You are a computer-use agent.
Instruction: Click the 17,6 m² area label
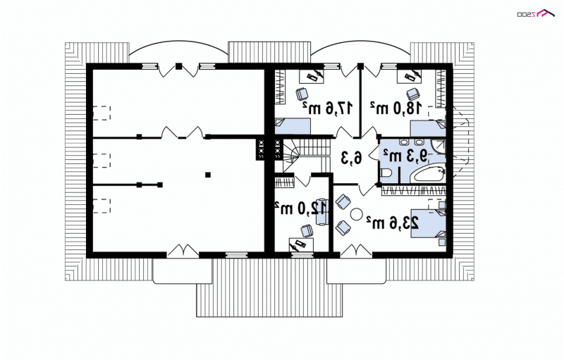[327, 107]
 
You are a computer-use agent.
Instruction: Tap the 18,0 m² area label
[396, 107]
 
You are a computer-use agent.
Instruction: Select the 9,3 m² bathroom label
[405, 156]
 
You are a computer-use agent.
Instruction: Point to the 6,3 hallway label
[351, 156]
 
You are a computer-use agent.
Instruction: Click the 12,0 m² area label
[301, 208]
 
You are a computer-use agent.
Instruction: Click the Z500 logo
[535, 13]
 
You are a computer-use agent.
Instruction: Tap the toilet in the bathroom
[386, 173]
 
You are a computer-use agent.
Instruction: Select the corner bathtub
[429, 174]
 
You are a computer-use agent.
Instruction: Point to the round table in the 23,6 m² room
[357, 214]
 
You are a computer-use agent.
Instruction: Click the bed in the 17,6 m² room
[293, 127]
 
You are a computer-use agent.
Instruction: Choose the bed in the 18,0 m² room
[428, 129]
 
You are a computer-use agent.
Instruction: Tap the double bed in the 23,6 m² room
[429, 223]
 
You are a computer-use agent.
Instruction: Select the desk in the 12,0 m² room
[301, 245]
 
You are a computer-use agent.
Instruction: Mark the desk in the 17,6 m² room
[312, 76]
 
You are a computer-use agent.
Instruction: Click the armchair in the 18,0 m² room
[413, 94]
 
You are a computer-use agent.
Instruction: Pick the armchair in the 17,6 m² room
[302, 94]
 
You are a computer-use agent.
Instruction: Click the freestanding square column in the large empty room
[207, 175]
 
